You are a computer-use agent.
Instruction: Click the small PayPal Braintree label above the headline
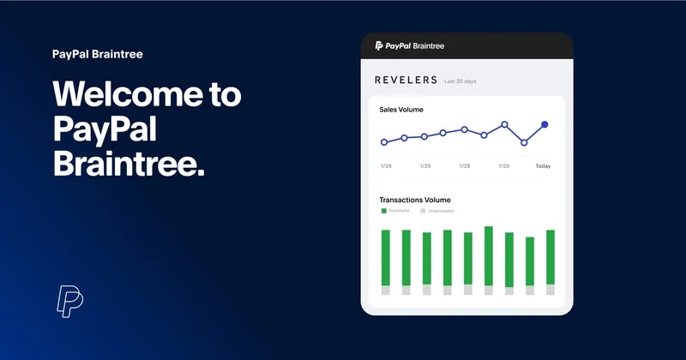coord(98,54)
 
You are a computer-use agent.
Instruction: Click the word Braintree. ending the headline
coord(129,163)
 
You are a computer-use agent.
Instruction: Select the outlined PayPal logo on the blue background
coord(70,302)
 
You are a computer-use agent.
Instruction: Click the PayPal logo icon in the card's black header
coord(379,45)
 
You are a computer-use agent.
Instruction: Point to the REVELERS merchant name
coord(406,80)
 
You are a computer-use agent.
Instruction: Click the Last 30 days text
coord(460,81)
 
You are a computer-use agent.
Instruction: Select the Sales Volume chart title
coord(401,110)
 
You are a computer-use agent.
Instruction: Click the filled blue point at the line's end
coord(545,124)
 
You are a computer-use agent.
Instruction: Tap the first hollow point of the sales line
coord(384,142)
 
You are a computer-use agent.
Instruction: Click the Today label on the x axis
coord(543,166)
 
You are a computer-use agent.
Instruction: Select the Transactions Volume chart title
coord(415,200)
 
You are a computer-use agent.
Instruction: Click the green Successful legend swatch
coord(384,211)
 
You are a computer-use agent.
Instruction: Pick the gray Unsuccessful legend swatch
coord(423,211)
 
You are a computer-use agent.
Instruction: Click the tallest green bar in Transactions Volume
coord(489,256)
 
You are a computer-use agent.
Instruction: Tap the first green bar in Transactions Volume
coord(385,258)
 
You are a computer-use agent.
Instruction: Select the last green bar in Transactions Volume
coord(551,257)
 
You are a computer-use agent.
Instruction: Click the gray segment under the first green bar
coord(385,291)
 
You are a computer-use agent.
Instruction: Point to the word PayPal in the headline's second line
coord(105,130)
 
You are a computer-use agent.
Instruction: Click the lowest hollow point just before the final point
coord(524,142)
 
